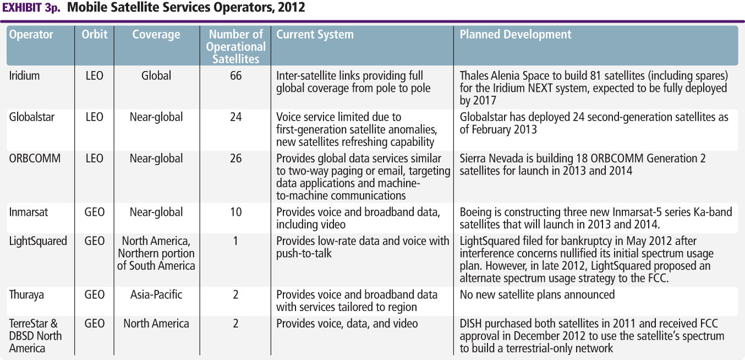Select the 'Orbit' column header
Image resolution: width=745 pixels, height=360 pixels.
click(95, 35)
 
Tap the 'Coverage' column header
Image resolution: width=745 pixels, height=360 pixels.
click(156, 35)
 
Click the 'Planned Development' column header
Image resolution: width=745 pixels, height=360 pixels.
click(515, 35)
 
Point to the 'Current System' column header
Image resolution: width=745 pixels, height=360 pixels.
click(315, 35)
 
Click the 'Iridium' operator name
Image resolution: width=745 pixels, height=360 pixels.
click(24, 76)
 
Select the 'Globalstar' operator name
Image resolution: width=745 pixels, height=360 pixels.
click(31, 117)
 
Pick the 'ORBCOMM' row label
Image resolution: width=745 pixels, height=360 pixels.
click(35, 159)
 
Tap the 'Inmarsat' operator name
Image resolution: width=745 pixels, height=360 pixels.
click(29, 212)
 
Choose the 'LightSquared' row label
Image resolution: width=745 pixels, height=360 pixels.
click(38, 241)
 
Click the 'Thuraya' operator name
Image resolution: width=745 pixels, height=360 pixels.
click(26, 294)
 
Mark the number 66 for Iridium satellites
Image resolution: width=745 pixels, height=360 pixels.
click(235, 76)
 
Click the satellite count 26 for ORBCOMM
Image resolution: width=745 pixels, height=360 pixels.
click(235, 159)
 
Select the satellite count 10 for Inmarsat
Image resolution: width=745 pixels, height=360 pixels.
click(235, 212)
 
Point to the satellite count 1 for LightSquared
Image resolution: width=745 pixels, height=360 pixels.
click(235, 241)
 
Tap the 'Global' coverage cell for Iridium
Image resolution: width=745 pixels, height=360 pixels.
click(156, 76)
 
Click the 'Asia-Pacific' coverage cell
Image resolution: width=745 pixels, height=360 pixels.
click(156, 294)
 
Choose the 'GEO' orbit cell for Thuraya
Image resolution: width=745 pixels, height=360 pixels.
click(95, 294)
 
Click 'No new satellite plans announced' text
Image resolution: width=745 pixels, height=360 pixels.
click(537, 294)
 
